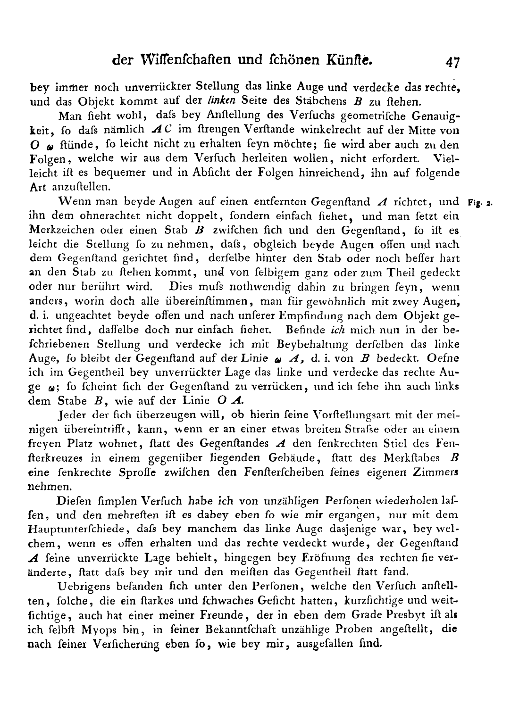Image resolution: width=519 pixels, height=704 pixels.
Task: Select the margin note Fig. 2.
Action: (480, 204)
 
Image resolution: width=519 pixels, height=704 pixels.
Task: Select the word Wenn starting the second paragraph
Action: (70, 202)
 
